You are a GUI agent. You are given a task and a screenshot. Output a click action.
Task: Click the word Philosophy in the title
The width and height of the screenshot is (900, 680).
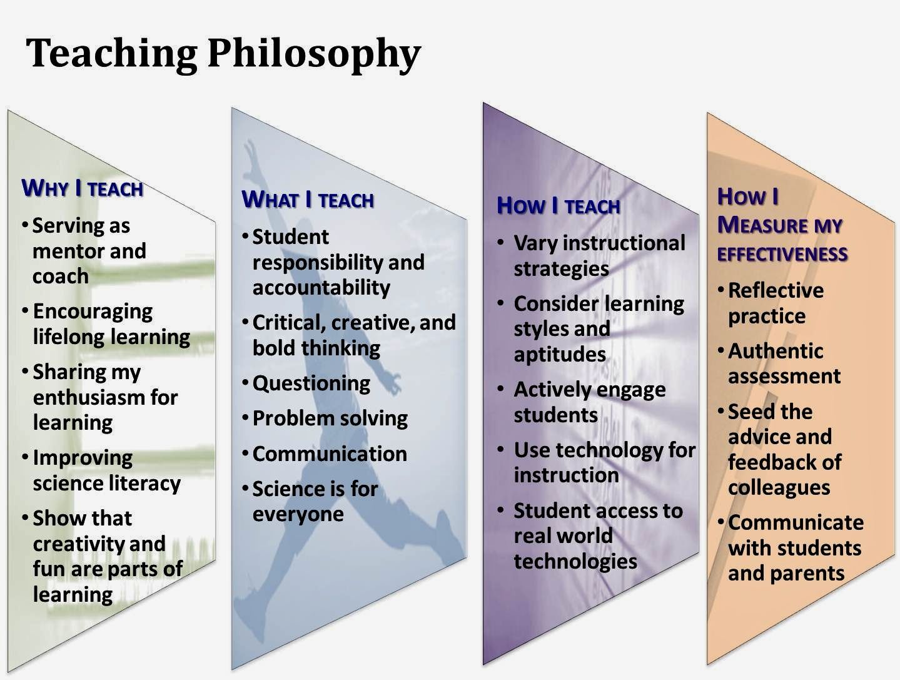313,54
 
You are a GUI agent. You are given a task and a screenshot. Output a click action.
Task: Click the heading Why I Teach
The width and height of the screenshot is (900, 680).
82,188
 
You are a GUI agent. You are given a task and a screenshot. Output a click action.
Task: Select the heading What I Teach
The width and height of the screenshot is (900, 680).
307,200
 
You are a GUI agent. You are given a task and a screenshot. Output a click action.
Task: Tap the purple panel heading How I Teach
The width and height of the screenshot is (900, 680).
558,206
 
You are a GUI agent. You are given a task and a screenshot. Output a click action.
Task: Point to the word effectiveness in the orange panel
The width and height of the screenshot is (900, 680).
782,254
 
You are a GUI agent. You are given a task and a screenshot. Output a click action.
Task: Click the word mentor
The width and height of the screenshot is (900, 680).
60,251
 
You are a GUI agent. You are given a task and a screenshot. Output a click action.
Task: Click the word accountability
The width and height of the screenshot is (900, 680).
321,287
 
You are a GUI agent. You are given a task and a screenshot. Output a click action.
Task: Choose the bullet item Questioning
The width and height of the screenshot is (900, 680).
311,383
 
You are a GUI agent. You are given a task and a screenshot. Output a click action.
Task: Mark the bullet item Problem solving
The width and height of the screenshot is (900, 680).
330,418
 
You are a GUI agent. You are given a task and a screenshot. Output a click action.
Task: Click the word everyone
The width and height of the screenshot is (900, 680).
298,514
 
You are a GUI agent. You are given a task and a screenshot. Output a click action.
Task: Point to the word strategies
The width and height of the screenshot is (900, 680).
561,269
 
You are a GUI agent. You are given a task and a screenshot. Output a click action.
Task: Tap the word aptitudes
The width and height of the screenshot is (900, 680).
560,355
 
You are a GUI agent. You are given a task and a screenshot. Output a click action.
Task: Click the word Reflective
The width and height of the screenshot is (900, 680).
776,290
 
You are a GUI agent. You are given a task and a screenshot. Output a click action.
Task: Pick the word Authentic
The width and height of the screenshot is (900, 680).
775,351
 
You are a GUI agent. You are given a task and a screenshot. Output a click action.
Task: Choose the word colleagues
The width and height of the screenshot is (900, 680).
779,487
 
